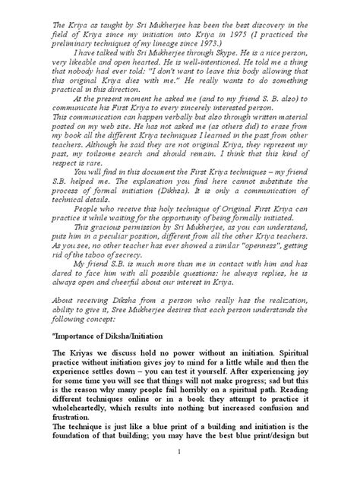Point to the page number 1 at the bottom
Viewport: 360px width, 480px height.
click(x=187, y=471)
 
